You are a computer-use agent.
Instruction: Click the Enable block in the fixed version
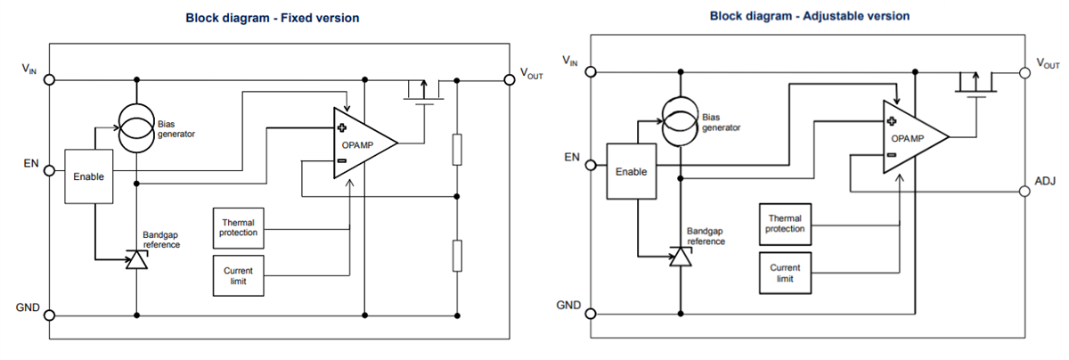(89, 176)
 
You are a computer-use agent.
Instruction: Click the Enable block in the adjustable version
(631, 171)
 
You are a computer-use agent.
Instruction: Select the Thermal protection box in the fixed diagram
(238, 228)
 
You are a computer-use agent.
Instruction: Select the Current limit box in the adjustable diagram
(785, 273)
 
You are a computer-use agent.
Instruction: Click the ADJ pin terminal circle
(1024, 192)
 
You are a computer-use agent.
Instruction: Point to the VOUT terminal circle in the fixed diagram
(510, 79)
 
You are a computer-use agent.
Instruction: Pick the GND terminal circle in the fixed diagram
(50, 315)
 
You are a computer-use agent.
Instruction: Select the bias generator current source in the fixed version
(136, 125)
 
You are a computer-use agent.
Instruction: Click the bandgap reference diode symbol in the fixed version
(136, 259)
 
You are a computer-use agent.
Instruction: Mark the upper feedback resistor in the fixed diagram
(457, 149)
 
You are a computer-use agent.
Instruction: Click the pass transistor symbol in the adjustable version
(976, 86)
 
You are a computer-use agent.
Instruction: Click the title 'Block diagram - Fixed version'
(272, 18)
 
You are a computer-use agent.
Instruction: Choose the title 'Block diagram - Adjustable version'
(809, 16)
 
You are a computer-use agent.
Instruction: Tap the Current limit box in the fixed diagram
(238, 275)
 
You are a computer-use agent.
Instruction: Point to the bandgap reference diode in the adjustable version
(681, 257)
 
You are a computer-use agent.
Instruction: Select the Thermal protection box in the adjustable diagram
(785, 224)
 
